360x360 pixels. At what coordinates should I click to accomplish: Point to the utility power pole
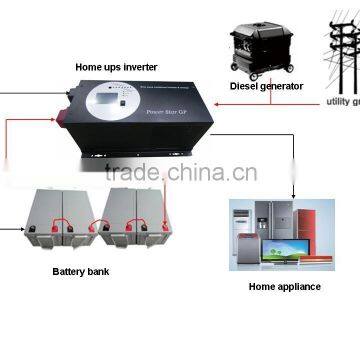(x=340, y=45)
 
